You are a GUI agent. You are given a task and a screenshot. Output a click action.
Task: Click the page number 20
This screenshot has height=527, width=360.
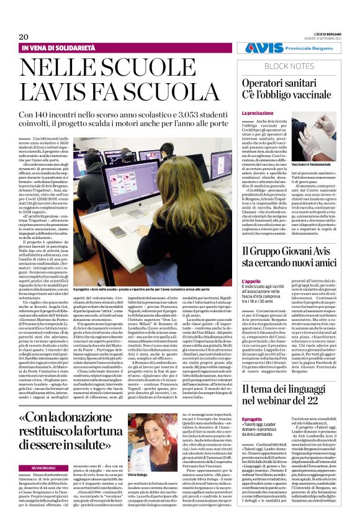[x=24, y=37]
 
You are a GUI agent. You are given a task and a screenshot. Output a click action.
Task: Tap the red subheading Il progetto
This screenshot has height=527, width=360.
[x=253, y=419]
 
